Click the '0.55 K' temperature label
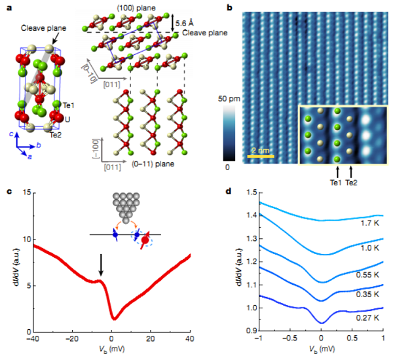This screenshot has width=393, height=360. coord(365,275)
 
